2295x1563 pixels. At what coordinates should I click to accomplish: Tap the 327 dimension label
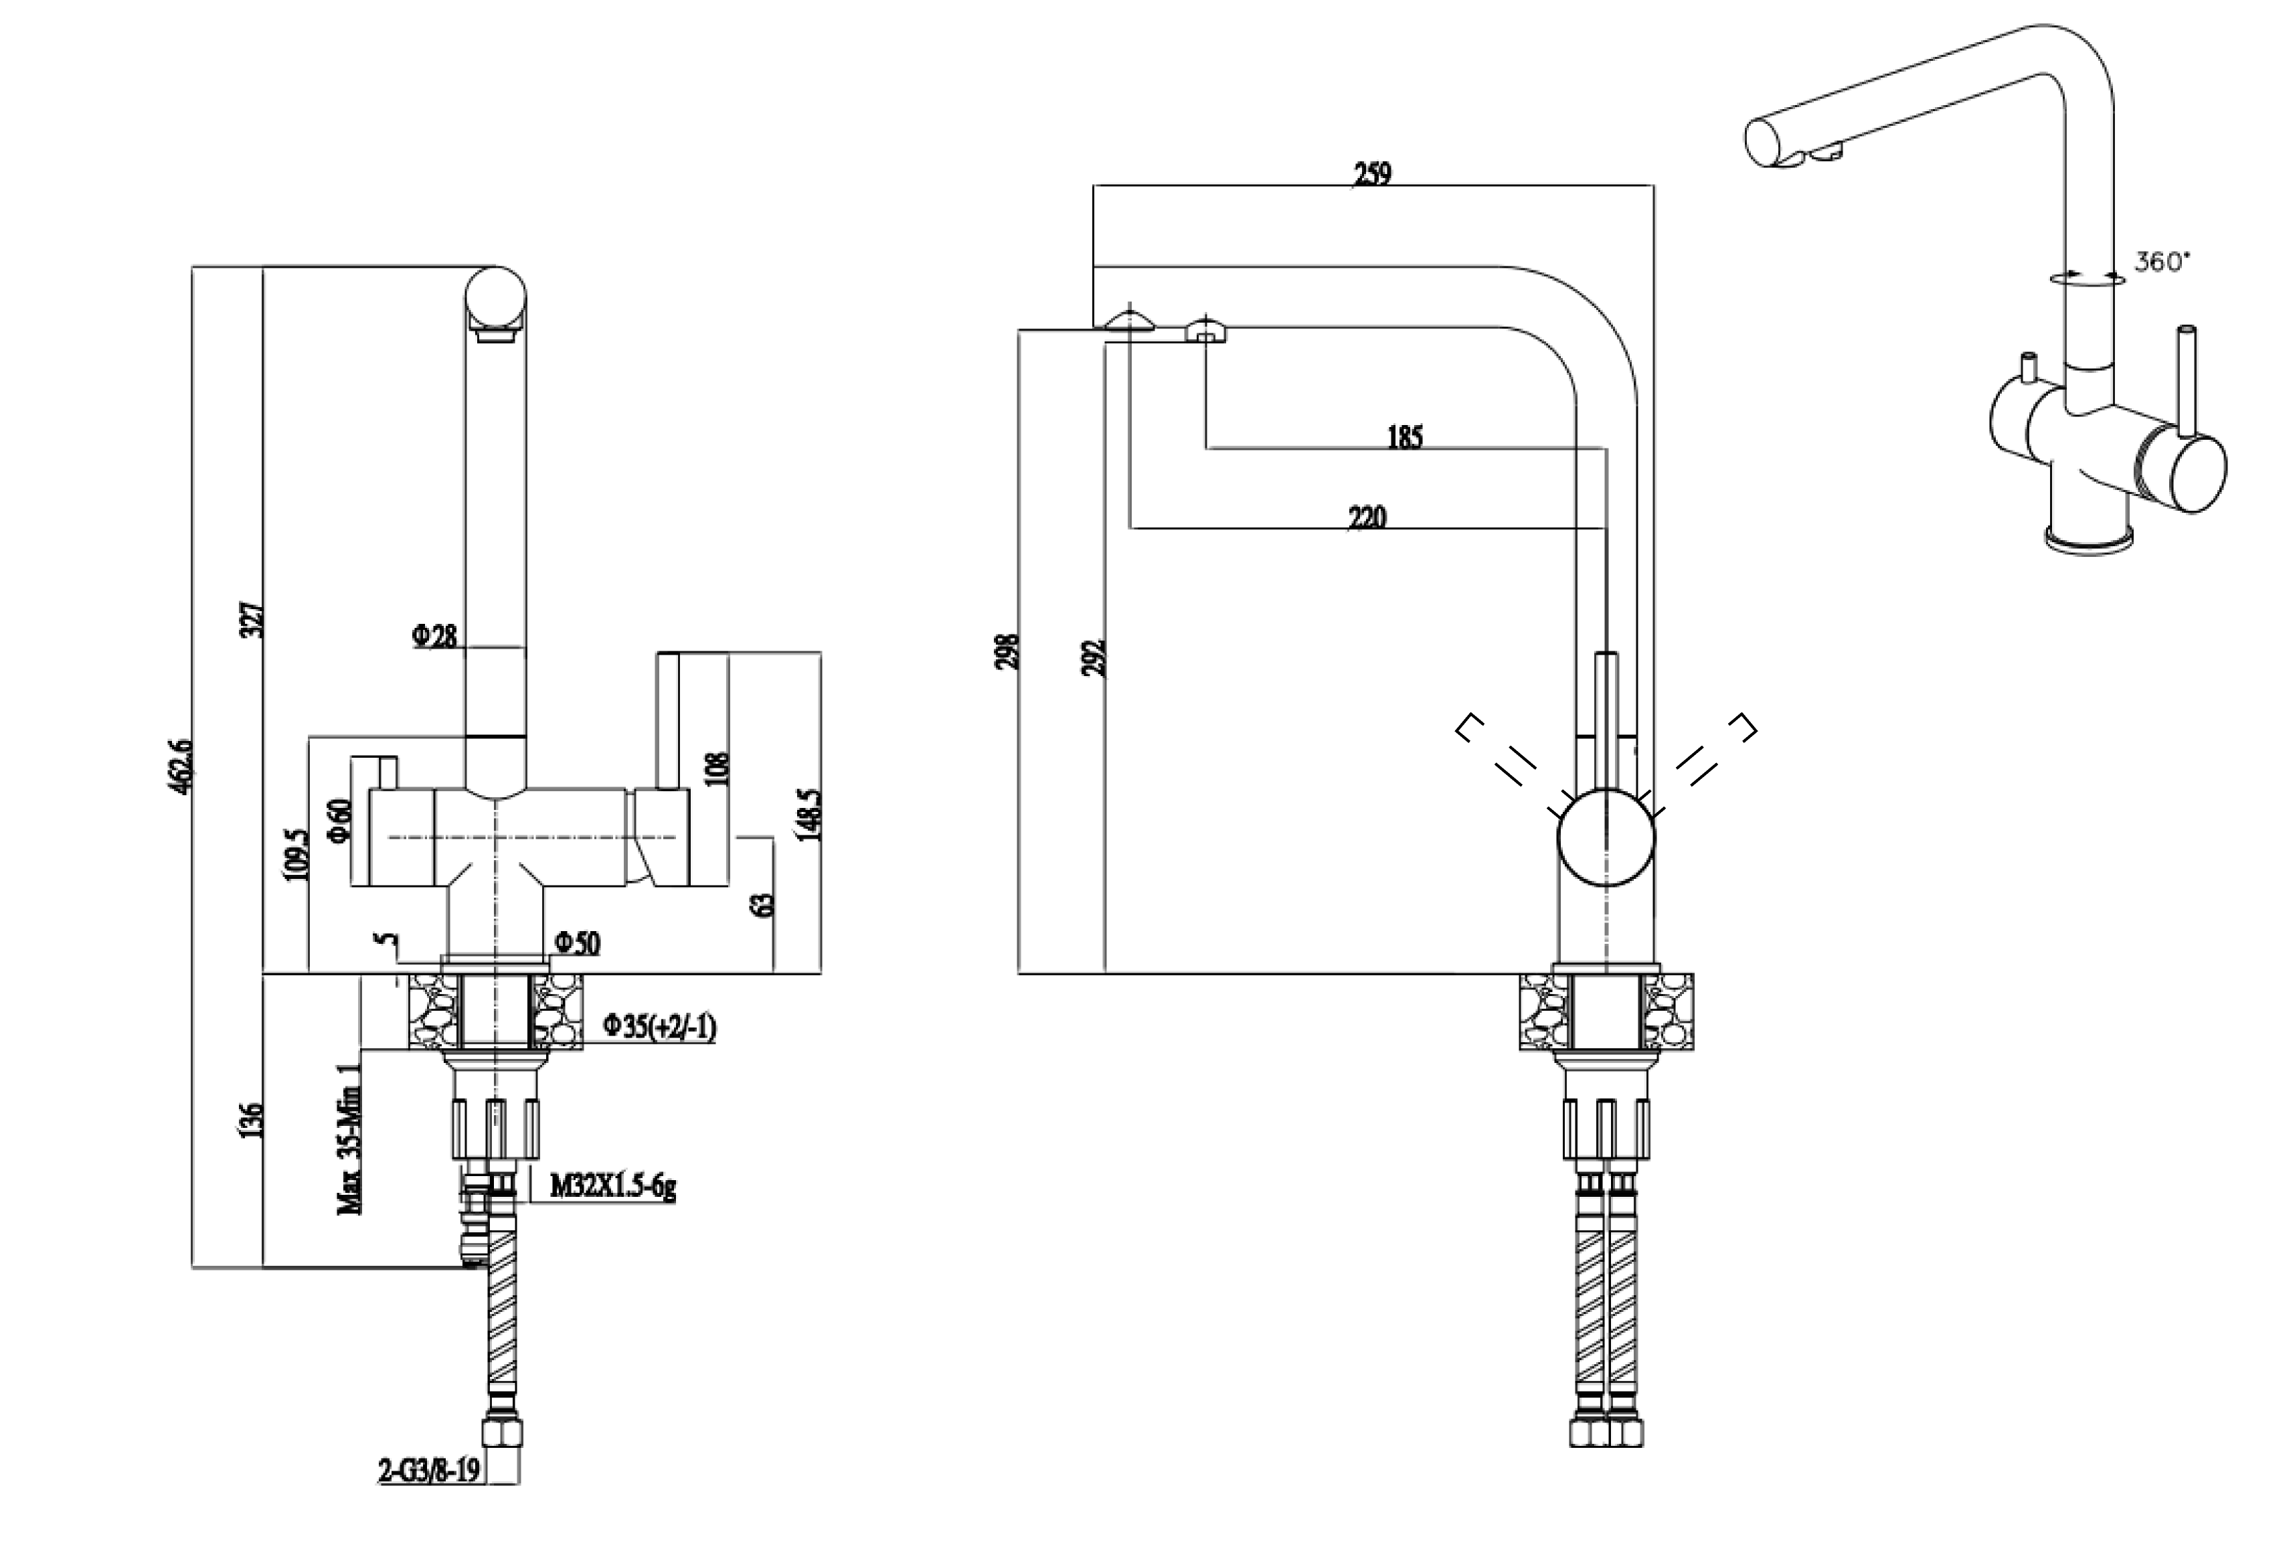click(x=253, y=619)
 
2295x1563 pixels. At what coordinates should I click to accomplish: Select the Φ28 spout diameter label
click(x=434, y=637)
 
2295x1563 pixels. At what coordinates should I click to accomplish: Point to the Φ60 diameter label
click(x=340, y=819)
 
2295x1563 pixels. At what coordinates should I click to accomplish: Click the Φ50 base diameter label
click(x=577, y=944)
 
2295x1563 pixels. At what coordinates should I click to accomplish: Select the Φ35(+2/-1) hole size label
click(x=660, y=1028)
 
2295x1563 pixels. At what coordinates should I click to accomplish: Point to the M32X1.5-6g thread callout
click(x=612, y=1187)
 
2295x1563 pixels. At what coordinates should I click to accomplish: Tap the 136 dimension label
click(x=253, y=1121)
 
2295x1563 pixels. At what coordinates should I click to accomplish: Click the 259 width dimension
click(x=1371, y=174)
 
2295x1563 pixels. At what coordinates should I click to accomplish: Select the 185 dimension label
click(x=1404, y=436)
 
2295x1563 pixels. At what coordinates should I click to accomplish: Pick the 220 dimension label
click(x=1367, y=516)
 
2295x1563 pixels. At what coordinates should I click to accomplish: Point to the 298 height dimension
click(x=1008, y=652)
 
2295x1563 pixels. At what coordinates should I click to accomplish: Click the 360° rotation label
click(x=2160, y=262)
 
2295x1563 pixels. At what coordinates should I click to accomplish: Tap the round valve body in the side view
click(x=1606, y=837)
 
